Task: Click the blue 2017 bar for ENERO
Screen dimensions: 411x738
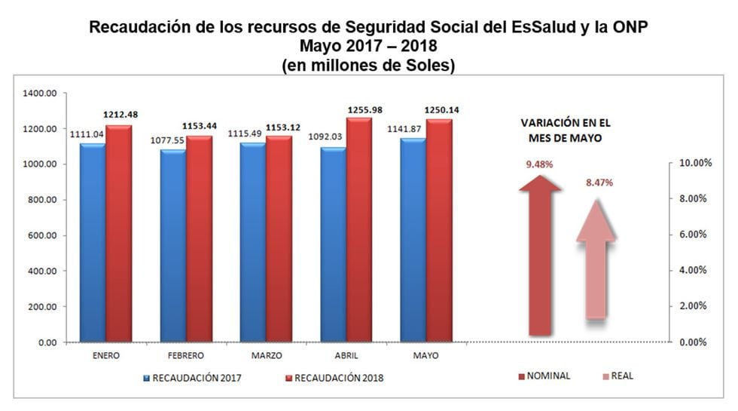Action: click(x=93, y=241)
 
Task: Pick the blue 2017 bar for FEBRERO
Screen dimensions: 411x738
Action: click(x=173, y=245)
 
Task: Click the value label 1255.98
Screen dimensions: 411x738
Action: click(x=365, y=111)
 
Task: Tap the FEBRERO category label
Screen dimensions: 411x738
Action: click(x=186, y=354)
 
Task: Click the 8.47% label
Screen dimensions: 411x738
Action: click(x=599, y=182)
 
